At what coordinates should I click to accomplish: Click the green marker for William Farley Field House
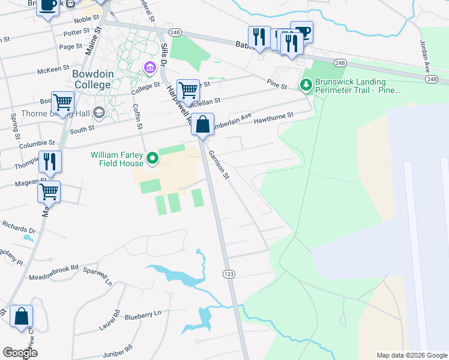(152, 158)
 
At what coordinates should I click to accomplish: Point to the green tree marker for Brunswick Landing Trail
(307, 85)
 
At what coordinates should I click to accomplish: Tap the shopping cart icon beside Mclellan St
(188, 91)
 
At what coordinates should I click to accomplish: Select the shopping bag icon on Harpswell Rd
(203, 125)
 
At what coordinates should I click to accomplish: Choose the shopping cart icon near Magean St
(49, 192)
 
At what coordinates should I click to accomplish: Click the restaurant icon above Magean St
(50, 161)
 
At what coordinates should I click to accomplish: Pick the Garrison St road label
(218, 164)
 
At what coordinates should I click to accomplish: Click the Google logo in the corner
(20, 352)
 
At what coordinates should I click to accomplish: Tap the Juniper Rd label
(117, 349)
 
